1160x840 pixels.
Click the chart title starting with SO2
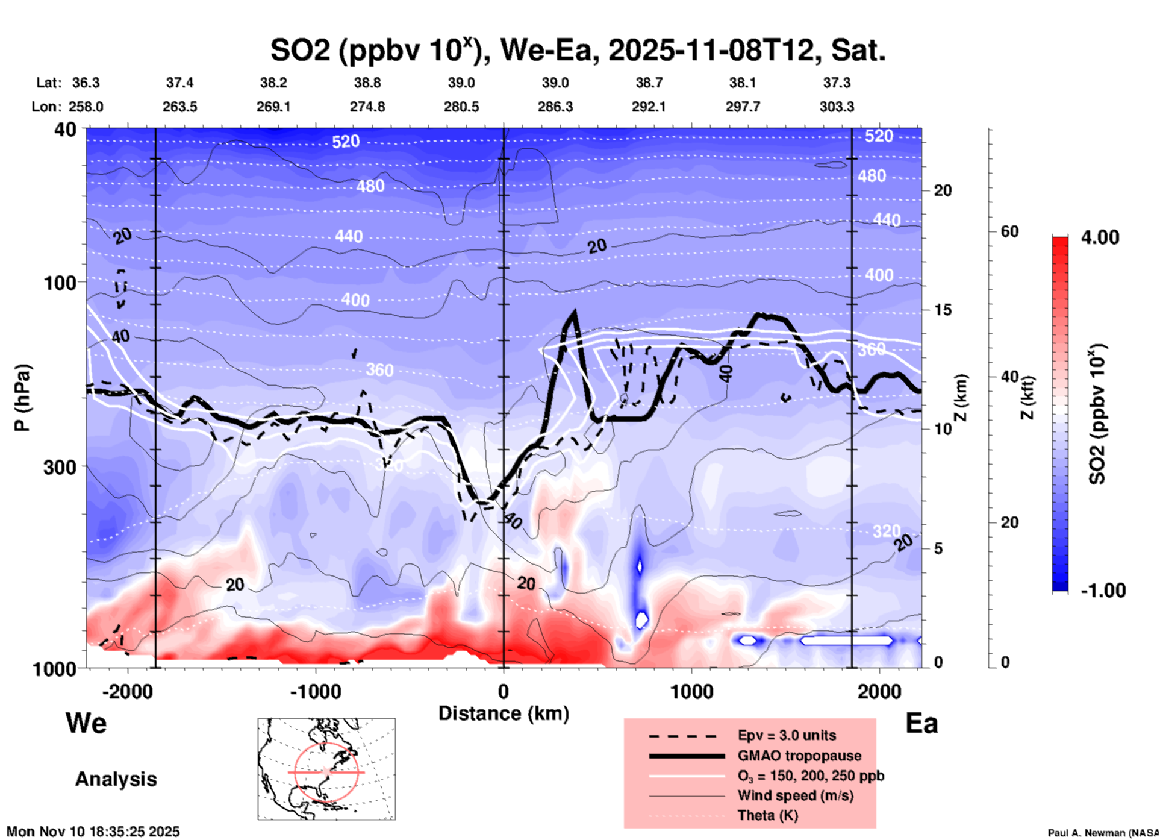coord(578,51)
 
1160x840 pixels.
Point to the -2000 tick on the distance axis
coord(127,692)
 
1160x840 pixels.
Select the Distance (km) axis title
coord(504,713)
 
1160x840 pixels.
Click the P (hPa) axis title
coord(22,398)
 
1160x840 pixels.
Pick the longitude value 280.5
coord(461,107)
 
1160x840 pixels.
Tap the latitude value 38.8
coord(367,83)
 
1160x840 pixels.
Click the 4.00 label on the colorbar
coord(1100,237)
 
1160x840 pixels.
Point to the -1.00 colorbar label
coord(1103,591)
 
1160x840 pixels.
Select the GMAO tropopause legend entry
coord(799,756)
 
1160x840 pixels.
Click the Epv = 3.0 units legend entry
coord(787,735)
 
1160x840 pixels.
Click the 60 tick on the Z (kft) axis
coord(1009,231)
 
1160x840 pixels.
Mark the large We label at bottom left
coord(86,722)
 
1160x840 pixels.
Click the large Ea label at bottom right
coord(921,723)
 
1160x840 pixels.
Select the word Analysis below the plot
coord(116,779)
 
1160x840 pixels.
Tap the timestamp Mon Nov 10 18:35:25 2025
coord(93,832)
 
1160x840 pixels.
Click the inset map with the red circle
coord(326,768)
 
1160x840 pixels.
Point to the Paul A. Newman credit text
coord(1103,833)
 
